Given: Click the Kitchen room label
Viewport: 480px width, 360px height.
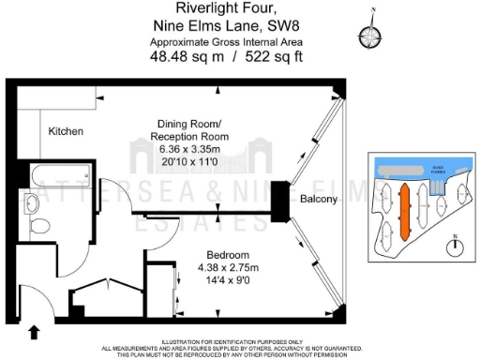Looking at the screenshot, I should (67, 131).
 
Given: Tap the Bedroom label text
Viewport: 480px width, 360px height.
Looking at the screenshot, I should (227, 255).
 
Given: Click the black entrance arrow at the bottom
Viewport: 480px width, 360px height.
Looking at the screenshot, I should (35, 330).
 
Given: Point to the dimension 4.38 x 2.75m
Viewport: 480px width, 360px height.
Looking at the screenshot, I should (227, 267).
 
